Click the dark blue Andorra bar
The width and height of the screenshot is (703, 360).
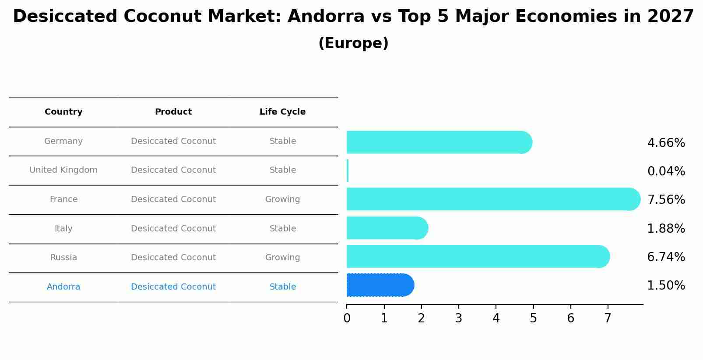pos(379,285)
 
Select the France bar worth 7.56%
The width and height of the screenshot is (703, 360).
pos(492,199)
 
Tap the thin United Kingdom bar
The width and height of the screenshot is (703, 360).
pos(348,171)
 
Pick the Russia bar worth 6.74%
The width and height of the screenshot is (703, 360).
pos(477,256)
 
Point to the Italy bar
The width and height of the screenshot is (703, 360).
pos(387,228)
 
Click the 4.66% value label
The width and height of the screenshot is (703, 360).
pos(666,143)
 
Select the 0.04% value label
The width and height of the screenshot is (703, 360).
pos(666,171)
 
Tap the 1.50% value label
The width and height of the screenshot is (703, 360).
pos(666,286)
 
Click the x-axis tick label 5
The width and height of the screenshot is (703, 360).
pos(533,318)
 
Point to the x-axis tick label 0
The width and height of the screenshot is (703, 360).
pos(347,318)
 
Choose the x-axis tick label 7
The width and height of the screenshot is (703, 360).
pos(608,318)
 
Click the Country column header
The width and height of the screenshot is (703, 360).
pos(63,112)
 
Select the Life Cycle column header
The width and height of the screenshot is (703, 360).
pos(282,112)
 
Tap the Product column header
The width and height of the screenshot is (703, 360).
pos(173,112)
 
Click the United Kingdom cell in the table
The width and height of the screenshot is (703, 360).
pos(63,170)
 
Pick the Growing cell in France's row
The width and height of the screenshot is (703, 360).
pos(282,199)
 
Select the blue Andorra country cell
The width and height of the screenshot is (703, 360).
pos(63,287)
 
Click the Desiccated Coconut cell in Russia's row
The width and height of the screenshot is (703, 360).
pos(173,258)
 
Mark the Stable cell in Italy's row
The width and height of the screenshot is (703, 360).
pos(282,229)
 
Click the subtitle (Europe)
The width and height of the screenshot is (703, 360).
pos(353,43)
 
